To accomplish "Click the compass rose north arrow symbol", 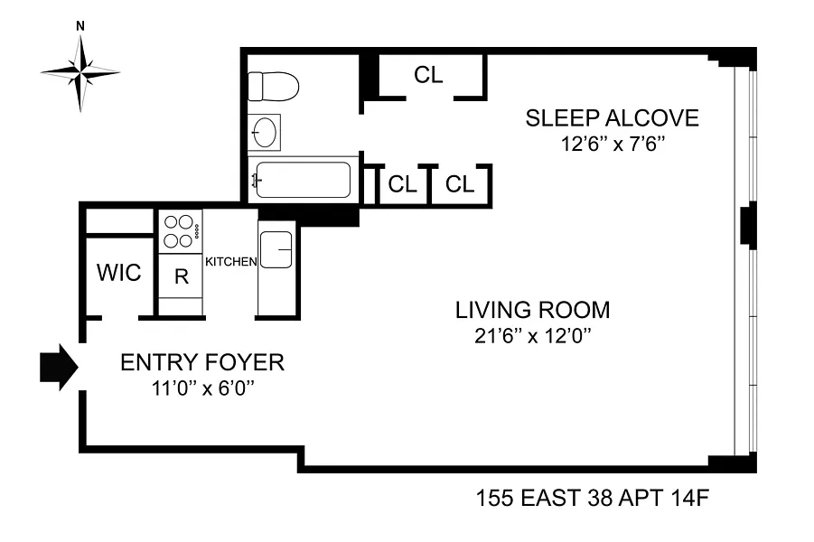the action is tap(80, 72).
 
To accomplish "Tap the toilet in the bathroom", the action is tap(273, 86).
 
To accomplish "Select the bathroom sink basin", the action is tap(264, 133).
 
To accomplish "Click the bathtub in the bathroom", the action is tap(304, 180).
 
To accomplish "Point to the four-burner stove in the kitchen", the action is tap(180, 231).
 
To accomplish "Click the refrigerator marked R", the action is tap(181, 276).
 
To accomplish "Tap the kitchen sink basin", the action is tap(276, 249).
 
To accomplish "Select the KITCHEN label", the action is tap(231, 262).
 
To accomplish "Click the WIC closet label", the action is tap(119, 273).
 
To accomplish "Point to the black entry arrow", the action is tap(59, 367).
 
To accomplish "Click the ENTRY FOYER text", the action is tap(202, 362).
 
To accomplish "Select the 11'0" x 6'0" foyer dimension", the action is tap(203, 388).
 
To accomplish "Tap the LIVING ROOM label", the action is tap(533, 310).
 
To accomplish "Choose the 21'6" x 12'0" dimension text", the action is tap(533, 336).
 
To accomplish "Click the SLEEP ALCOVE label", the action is tap(612, 117).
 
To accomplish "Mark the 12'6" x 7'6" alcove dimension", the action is tap(613, 144).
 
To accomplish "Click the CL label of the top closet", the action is tap(428, 75).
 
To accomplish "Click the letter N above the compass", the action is tap(80, 26).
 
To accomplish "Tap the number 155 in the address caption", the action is tap(495, 499).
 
